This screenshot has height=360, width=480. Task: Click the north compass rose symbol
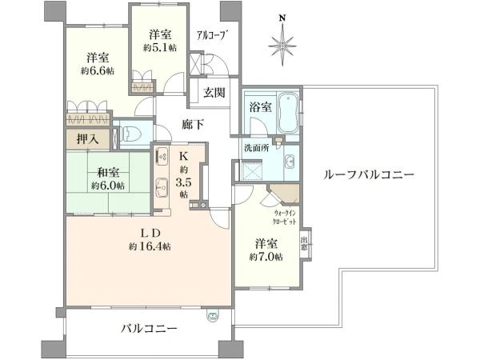click(282, 44)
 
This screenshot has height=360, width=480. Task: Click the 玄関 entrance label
click(214, 92)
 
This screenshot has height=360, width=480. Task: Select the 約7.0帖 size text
click(266, 256)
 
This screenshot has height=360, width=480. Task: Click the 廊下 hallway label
click(194, 125)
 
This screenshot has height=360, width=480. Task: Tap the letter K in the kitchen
click(182, 154)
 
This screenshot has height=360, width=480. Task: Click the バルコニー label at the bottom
click(150, 328)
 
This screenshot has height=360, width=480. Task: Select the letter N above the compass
click(282, 16)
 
